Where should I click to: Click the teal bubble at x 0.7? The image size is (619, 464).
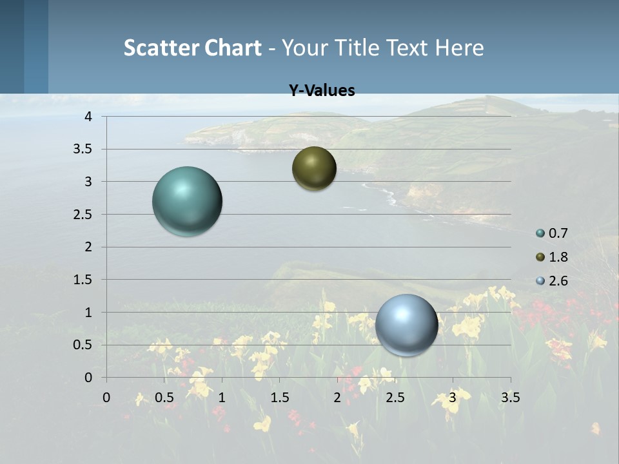187,201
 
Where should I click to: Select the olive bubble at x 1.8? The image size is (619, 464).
314,168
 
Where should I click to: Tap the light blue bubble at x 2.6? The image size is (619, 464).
406,325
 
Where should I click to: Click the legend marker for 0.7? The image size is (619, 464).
540,233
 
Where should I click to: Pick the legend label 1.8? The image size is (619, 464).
558,257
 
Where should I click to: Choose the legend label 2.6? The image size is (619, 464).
558,281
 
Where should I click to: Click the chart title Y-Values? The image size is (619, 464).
322,91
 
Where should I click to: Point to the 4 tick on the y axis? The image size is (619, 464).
88,117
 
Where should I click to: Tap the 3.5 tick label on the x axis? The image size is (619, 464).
510,398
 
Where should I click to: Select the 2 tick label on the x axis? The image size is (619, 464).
337,398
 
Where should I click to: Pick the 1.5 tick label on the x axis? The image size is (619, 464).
279,398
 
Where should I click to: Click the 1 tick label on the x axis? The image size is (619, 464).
222,398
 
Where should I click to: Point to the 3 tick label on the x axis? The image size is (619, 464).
453,398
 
